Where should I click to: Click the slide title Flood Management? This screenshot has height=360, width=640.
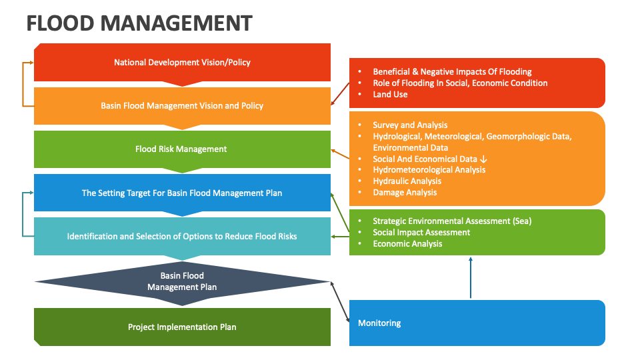pyautogui.click(x=139, y=23)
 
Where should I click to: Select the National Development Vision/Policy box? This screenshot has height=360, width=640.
pyautogui.click(x=182, y=63)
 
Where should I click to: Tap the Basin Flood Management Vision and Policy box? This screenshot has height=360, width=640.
pyautogui.click(x=182, y=105)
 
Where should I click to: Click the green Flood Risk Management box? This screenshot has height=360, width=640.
pyautogui.click(x=182, y=149)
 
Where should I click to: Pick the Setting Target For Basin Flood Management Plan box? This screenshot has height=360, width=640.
pyautogui.click(x=182, y=193)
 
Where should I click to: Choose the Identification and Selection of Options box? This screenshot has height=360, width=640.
pyautogui.click(x=182, y=236)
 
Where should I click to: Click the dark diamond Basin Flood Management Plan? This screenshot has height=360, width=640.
pyautogui.click(x=182, y=281)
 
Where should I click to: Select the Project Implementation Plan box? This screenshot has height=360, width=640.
pyautogui.click(x=182, y=327)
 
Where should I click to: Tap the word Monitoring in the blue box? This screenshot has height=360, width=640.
pyautogui.click(x=379, y=323)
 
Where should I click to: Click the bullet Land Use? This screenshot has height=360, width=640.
pyautogui.click(x=390, y=95)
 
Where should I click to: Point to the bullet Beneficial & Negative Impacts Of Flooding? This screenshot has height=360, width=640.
pyautogui.click(x=452, y=72)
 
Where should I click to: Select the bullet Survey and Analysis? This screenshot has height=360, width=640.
pyautogui.click(x=410, y=125)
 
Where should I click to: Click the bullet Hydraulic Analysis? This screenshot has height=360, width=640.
pyautogui.click(x=407, y=181)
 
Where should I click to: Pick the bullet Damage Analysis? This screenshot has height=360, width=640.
pyautogui.click(x=405, y=193)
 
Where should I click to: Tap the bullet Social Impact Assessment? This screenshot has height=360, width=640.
pyautogui.click(x=421, y=233)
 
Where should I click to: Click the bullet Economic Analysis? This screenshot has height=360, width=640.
pyautogui.click(x=407, y=244)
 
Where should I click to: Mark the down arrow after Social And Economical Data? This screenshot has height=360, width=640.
pyautogui.click(x=483, y=159)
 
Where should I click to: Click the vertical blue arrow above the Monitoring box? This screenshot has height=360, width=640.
pyautogui.click(x=471, y=277)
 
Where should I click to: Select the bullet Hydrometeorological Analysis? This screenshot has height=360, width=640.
pyautogui.click(x=429, y=170)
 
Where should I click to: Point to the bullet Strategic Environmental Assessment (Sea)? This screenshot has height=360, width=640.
pyautogui.click(x=452, y=221)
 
